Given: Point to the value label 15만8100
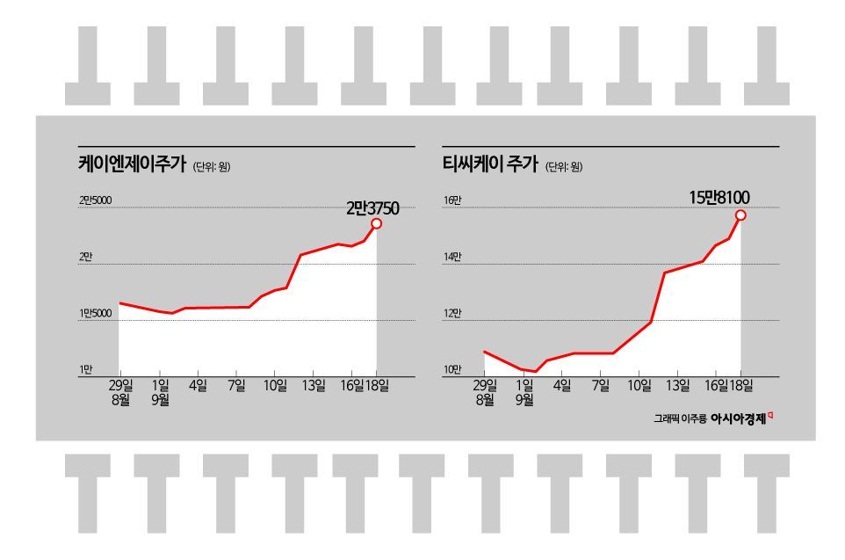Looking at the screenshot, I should pos(720,198).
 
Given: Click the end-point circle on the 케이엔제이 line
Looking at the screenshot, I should pos(377,223).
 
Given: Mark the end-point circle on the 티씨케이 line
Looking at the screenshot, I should pos(741,215).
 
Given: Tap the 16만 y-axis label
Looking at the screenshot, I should pos(452,201).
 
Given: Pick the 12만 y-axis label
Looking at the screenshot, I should pos(452,313).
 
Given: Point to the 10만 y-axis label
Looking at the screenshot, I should pos(452,369).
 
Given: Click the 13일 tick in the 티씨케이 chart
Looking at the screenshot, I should pos(677,384).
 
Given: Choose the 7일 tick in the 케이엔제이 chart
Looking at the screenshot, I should pos(236,384).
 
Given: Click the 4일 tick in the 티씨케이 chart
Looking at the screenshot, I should pos(562,384).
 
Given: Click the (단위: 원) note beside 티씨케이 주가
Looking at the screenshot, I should pos(563,167).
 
